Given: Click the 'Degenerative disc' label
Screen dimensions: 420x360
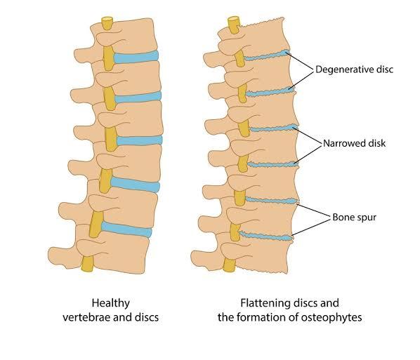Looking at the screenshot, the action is pyautogui.click(x=355, y=69).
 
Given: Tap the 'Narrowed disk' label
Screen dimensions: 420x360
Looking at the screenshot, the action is pyautogui.click(x=355, y=143).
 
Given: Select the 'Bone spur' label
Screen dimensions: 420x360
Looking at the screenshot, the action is pyautogui.click(x=354, y=217).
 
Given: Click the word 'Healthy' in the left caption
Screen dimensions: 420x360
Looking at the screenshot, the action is pyautogui.click(x=111, y=303).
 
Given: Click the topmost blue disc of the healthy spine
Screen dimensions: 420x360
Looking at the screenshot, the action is pyautogui.click(x=136, y=57).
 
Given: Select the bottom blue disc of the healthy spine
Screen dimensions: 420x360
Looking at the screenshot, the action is pyautogui.click(x=126, y=229).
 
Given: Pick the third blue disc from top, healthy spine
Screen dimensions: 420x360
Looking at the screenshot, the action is pyautogui.click(x=139, y=140).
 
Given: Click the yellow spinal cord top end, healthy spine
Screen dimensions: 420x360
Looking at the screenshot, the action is pyautogui.click(x=107, y=20).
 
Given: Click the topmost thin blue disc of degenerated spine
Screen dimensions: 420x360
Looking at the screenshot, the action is pyautogui.click(x=267, y=56).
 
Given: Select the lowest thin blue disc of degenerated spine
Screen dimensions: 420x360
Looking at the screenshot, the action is pyautogui.click(x=265, y=236).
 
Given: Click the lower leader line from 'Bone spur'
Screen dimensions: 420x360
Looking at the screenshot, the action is pyautogui.click(x=311, y=227).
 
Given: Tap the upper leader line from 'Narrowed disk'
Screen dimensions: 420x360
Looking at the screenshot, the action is pyautogui.click(x=307, y=136).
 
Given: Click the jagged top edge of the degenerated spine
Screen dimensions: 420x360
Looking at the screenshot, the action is pyautogui.click(x=262, y=22).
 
